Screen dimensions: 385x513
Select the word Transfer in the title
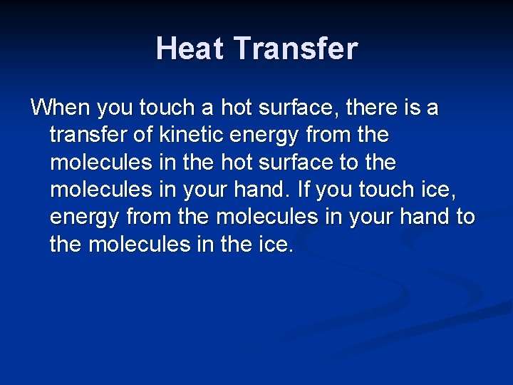coord(296,48)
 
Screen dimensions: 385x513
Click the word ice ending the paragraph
coord(276,244)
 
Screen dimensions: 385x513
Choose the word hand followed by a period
coord(268,190)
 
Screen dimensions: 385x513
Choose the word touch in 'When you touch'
coord(166,108)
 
